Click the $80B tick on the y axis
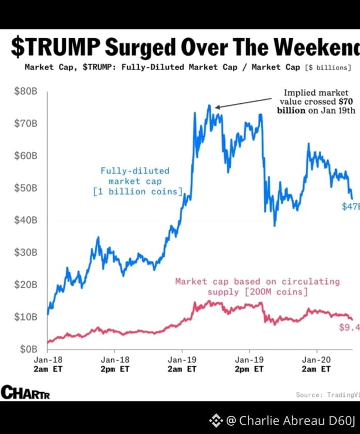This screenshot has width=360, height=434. click(24, 92)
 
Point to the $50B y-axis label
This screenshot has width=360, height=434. click(24, 188)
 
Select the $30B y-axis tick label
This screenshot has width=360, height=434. click(24, 253)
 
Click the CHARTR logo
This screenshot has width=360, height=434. click(25, 393)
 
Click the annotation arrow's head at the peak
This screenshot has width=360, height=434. click(217, 107)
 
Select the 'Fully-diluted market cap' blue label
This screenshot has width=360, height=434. click(136, 181)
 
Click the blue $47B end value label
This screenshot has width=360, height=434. click(350, 207)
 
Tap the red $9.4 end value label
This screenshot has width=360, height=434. click(349, 327)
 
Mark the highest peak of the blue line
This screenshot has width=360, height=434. click(209, 105)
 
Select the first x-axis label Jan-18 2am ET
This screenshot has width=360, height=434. click(48, 364)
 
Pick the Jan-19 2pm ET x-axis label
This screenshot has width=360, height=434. click(249, 364)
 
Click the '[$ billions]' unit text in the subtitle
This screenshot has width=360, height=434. click(328, 67)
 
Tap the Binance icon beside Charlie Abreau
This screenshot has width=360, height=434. click(216, 420)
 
